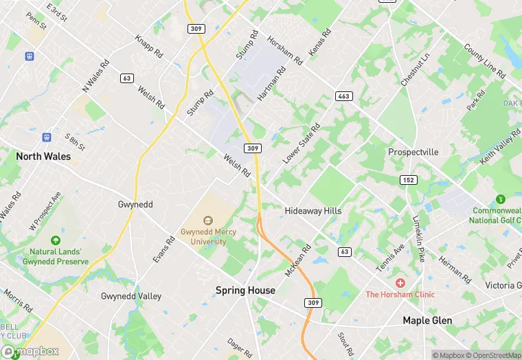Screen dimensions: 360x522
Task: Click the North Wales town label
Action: click(43, 157)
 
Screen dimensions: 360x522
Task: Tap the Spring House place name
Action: click(245, 291)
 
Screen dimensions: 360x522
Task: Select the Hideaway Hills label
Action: click(313, 211)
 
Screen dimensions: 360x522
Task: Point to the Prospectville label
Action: click(413, 152)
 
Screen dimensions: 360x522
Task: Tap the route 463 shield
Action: click(344, 96)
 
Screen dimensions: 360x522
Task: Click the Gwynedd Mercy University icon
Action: click(208, 220)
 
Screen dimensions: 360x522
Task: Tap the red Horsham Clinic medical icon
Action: click(400, 283)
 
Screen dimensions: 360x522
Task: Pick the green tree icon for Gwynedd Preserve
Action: click(55, 240)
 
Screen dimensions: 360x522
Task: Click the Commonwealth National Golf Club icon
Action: click(500, 199)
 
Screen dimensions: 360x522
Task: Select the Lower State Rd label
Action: click(302, 144)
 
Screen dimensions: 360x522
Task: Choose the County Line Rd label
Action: click(483, 63)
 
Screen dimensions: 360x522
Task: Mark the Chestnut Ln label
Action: click(415, 69)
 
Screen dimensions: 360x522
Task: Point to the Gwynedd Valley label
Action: click(131, 297)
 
